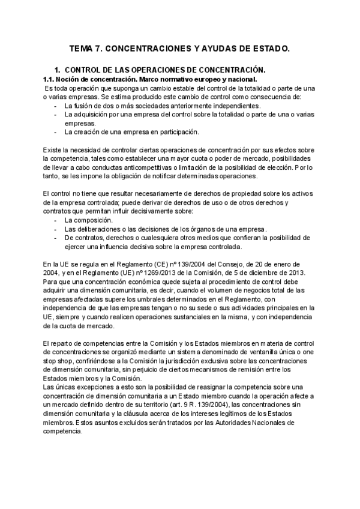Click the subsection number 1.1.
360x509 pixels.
pos(49,79)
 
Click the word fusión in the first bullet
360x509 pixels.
pos(83,105)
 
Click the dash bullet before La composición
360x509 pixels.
pos(55,221)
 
